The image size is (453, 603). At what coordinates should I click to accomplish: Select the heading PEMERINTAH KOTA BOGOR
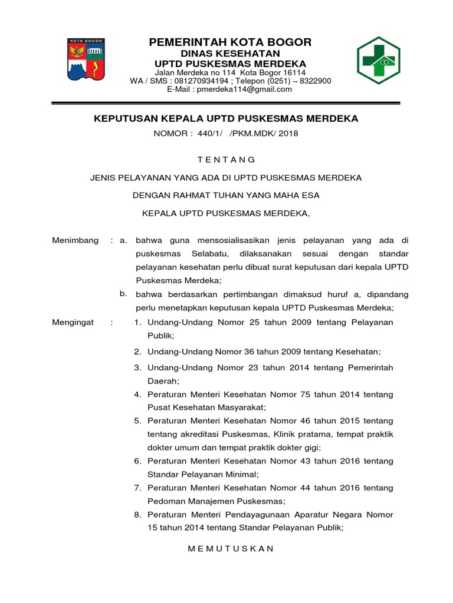pos(230,42)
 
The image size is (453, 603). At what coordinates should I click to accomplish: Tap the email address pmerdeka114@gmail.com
pos(245,90)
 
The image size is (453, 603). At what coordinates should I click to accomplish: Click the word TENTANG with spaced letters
pos(226,160)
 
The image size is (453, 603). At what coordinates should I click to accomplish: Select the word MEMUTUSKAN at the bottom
pos(231,548)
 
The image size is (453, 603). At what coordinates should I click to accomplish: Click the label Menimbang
pos(75,241)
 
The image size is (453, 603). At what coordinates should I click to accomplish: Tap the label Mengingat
pos(73,322)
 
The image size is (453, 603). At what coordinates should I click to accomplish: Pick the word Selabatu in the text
pos(208,254)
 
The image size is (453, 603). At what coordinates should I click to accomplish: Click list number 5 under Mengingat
pos(137,421)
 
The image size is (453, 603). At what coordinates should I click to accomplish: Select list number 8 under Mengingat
pos(137,515)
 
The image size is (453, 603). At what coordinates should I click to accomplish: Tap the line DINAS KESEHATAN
pos(230,53)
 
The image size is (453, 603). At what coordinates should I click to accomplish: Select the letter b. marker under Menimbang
pos(123,293)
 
